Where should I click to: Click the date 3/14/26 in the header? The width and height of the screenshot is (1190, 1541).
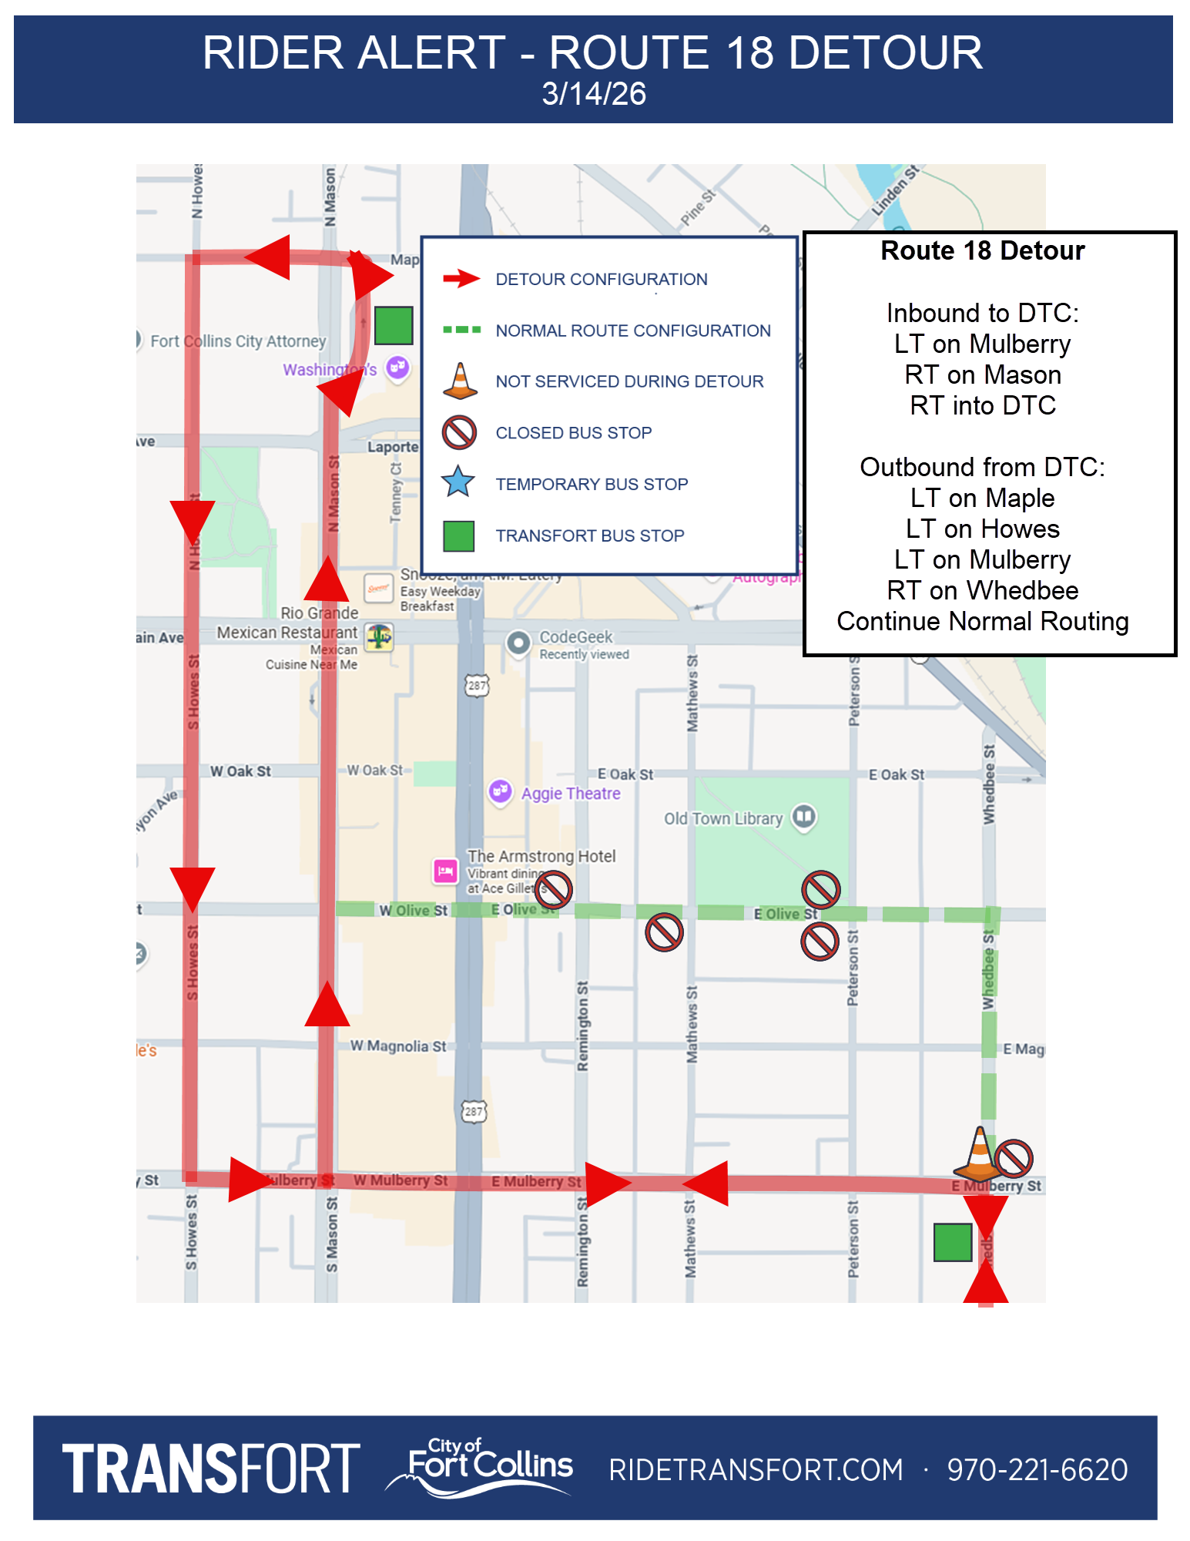click(x=594, y=94)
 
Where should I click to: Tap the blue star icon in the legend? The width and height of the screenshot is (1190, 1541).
click(x=458, y=482)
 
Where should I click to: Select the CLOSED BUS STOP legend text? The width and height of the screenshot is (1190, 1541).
click(x=573, y=433)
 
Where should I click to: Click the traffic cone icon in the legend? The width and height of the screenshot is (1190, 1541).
click(x=460, y=381)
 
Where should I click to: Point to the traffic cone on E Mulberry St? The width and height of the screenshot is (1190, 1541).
click(x=979, y=1153)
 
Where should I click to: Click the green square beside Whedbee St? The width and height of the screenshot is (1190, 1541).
click(x=952, y=1242)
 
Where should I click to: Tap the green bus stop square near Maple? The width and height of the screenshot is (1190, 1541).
click(x=394, y=325)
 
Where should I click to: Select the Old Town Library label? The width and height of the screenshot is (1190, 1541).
click(x=723, y=818)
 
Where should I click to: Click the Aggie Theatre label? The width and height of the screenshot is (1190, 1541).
click(x=570, y=794)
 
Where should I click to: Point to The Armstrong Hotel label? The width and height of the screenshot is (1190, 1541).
click(x=541, y=856)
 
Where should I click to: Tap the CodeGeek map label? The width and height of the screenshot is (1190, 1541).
click(x=575, y=637)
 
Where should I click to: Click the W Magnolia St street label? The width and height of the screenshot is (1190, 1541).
click(x=397, y=1046)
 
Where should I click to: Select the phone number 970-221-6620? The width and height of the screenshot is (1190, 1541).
click(x=1037, y=1469)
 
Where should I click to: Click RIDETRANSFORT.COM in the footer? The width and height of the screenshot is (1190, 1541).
click(x=756, y=1469)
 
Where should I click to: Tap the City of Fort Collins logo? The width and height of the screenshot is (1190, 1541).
click(x=485, y=1466)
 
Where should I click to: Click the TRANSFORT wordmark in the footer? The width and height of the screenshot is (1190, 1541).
click(x=211, y=1469)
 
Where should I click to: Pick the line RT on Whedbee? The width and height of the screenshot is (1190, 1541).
click(x=982, y=590)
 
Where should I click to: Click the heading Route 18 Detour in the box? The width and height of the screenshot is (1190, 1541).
click(x=982, y=251)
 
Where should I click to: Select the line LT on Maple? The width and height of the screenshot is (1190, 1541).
click(x=982, y=498)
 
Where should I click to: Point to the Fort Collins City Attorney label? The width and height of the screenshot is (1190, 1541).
click(x=237, y=341)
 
